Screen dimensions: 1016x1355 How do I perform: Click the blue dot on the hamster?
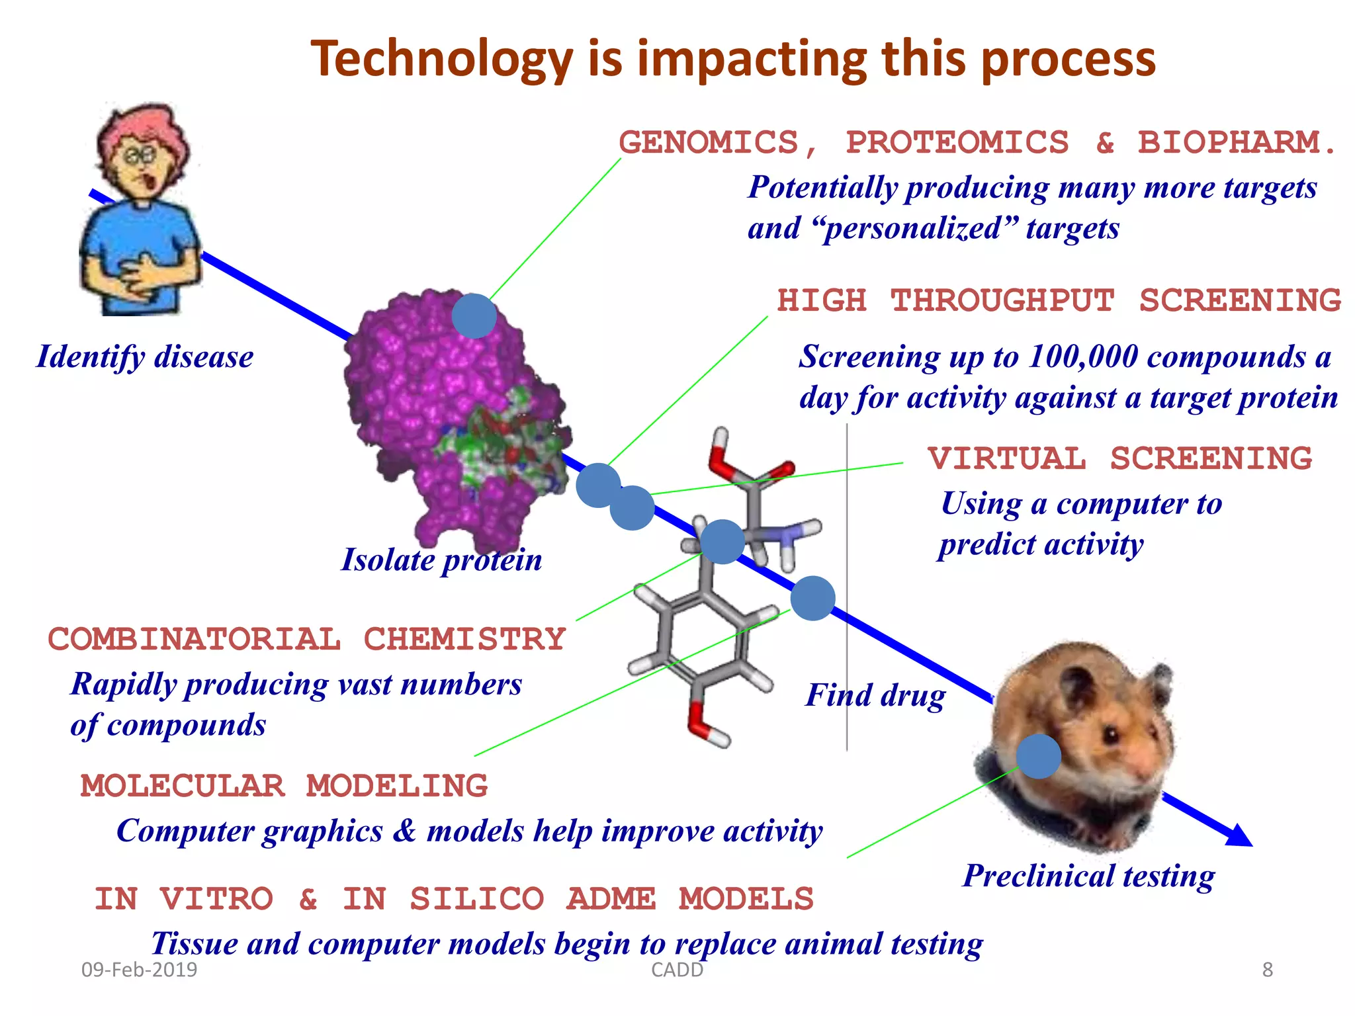coord(1038,756)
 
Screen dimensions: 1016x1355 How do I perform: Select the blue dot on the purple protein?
coord(474,316)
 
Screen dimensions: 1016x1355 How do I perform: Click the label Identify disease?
coord(145,357)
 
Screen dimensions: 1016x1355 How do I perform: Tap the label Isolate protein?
coord(441,560)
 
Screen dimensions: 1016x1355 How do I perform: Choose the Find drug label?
coord(875,696)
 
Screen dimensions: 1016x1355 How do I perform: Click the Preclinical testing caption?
coord(1088,876)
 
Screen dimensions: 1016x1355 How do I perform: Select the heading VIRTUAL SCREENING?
coord(1119,459)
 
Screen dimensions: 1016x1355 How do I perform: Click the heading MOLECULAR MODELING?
coord(284,786)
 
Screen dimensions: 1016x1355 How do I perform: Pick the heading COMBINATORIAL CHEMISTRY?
coord(306,640)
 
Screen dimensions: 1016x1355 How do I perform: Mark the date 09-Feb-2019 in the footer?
coord(139,970)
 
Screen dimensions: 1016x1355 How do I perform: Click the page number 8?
coord(1267,970)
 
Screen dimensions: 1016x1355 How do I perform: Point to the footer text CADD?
coord(677,970)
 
